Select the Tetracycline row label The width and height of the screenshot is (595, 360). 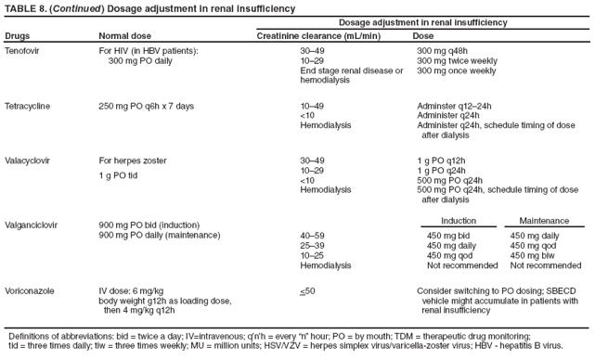(29, 106)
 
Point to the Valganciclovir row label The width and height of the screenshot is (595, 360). (32, 224)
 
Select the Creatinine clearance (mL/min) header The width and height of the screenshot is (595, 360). (318, 35)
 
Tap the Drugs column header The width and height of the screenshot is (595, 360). (18, 35)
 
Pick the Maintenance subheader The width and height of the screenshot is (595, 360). (544, 221)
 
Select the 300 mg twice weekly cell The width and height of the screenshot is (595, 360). (458, 59)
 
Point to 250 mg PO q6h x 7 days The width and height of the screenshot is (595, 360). (146, 106)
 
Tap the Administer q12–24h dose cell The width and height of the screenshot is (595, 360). (461, 106)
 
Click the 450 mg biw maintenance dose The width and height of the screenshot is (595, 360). (533, 254)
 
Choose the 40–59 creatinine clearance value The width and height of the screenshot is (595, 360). (313, 235)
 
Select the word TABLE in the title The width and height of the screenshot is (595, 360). (22, 8)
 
